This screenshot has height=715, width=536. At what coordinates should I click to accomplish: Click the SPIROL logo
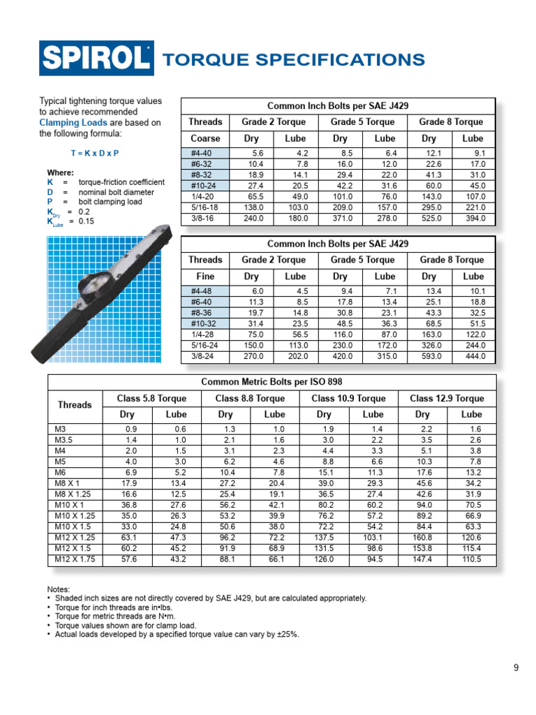(x=96, y=58)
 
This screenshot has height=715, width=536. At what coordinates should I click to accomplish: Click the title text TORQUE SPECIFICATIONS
(x=293, y=59)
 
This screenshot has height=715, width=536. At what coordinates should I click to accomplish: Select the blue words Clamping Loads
(x=69, y=122)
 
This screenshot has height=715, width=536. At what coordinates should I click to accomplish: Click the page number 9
(x=516, y=668)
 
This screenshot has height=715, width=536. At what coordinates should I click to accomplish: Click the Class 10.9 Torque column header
(x=348, y=398)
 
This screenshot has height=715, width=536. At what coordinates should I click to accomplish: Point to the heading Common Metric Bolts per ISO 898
(x=271, y=382)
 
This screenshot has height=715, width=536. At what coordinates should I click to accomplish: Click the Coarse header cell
(x=205, y=138)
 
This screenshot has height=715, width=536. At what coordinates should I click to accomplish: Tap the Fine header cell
(x=205, y=277)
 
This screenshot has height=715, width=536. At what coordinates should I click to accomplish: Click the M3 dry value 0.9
(x=130, y=429)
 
